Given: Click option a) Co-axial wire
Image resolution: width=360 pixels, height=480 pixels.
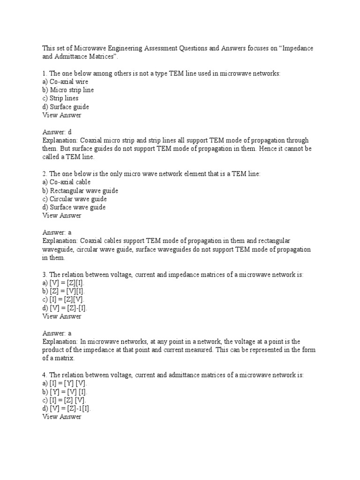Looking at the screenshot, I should click(x=66, y=82).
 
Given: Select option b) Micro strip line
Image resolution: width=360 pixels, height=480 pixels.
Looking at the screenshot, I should click(x=68, y=90).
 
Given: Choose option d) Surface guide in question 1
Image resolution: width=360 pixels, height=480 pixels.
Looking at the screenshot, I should click(x=66, y=107).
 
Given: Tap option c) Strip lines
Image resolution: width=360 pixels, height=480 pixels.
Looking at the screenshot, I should click(x=60, y=98).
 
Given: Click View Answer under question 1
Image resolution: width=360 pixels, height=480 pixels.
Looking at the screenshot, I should click(x=62, y=115).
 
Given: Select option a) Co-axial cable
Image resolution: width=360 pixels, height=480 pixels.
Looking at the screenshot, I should click(x=67, y=182).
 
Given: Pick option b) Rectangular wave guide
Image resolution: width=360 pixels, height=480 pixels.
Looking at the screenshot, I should click(x=80, y=190).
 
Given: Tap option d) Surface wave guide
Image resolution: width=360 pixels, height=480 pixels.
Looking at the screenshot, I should click(x=74, y=207).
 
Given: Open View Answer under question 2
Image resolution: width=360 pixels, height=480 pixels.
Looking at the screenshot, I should click(x=62, y=216).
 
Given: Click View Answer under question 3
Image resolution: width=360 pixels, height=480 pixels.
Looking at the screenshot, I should click(x=62, y=316).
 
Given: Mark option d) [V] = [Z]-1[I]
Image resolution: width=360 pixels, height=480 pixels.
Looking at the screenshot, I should click(x=67, y=409).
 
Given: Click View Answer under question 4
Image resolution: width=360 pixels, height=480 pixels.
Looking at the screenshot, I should click(x=62, y=417).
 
